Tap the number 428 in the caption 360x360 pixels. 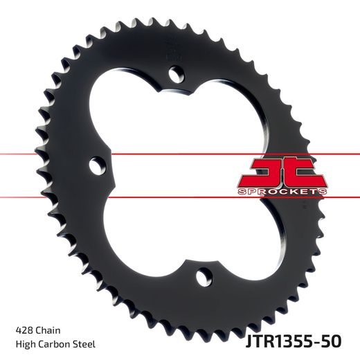click(23, 329)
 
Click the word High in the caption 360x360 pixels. click(23, 344)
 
